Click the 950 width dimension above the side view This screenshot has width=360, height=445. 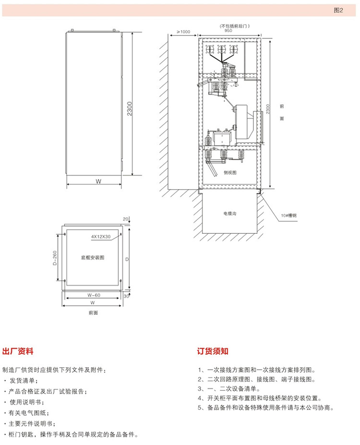click(x=228, y=30)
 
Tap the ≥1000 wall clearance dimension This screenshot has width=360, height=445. click(x=183, y=32)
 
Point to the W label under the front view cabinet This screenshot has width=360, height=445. click(x=97, y=181)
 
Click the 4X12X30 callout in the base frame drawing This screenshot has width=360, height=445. click(x=101, y=237)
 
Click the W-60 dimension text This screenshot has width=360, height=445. click(x=94, y=295)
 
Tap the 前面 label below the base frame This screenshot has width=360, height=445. click(x=93, y=313)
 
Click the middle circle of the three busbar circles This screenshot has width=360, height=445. click(x=221, y=49)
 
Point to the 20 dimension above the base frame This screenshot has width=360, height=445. click(x=126, y=219)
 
